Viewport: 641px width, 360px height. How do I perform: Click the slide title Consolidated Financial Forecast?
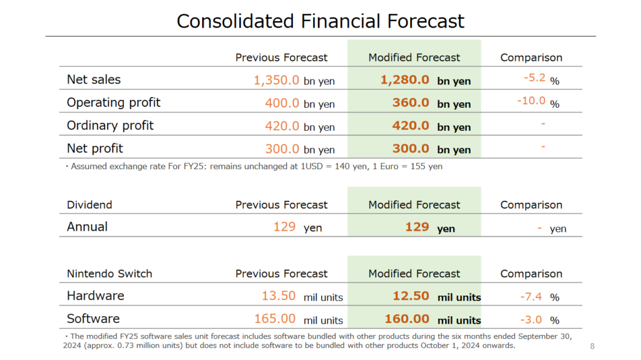click(320, 21)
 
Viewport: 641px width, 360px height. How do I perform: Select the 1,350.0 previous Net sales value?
click(276, 80)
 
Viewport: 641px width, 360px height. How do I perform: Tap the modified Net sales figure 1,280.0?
click(405, 80)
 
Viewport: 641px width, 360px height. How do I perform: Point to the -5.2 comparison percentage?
click(535, 78)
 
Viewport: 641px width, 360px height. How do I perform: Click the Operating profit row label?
click(114, 103)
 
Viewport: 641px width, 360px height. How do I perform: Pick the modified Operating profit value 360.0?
click(411, 103)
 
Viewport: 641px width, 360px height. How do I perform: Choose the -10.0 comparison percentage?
click(531, 101)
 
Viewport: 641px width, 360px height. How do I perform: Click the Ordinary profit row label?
click(110, 126)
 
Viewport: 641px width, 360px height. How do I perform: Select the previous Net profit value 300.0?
click(282, 149)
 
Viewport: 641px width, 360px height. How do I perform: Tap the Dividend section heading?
click(90, 205)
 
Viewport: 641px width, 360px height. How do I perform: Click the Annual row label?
click(88, 227)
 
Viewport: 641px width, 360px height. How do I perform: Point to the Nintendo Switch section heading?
click(110, 274)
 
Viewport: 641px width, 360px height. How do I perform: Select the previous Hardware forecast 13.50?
click(279, 296)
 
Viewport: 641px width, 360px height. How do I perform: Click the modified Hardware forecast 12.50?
click(411, 296)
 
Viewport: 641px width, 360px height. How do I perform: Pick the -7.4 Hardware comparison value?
click(531, 297)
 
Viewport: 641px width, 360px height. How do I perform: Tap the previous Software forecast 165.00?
click(275, 319)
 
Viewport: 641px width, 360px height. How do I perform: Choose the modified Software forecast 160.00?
click(407, 319)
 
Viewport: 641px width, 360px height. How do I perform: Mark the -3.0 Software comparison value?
click(531, 319)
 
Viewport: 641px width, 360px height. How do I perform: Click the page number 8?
click(592, 346)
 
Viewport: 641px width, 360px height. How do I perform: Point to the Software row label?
click(94, 319)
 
